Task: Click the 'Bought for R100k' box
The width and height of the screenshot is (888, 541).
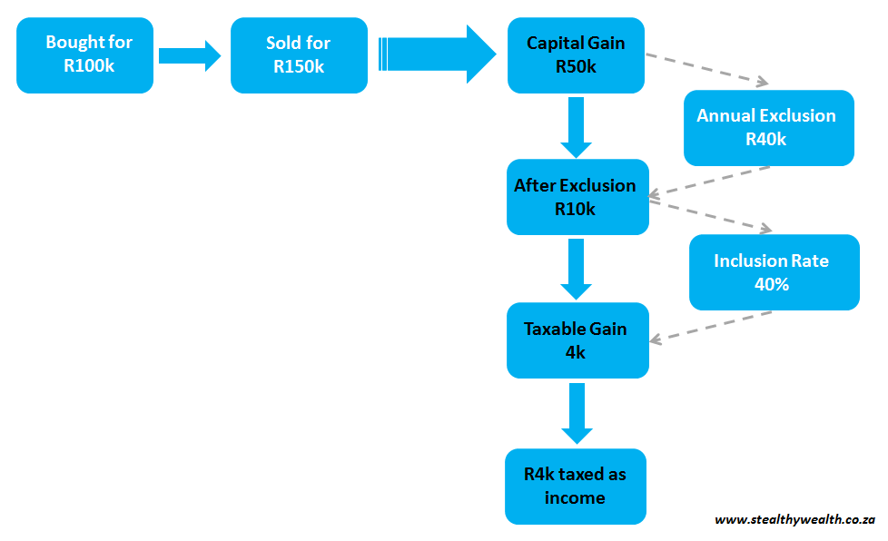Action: (84, 55)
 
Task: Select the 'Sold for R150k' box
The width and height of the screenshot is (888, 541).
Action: (299, 55)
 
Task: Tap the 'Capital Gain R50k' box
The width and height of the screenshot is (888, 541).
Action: (576, 55)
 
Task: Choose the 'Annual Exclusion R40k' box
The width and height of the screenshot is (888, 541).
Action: (768, 128)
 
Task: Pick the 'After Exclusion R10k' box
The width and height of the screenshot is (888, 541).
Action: (576, 197)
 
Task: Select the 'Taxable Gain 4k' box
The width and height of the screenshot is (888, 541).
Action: (577, 340)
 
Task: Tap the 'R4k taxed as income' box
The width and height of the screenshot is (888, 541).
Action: (575, 487)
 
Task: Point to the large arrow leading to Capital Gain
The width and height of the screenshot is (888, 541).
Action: (436, 54)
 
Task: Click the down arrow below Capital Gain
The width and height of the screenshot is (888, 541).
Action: (576, 126)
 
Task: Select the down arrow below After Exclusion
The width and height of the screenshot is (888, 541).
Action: (576, 269)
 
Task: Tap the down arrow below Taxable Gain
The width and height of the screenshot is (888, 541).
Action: (576, 412)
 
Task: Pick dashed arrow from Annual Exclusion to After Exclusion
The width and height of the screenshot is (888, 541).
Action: (709, 181)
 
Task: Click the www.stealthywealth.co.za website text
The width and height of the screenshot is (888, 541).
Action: (794, 520)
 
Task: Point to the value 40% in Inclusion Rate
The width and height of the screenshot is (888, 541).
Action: (771, 284)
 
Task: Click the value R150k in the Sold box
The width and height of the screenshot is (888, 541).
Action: (299, 67)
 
